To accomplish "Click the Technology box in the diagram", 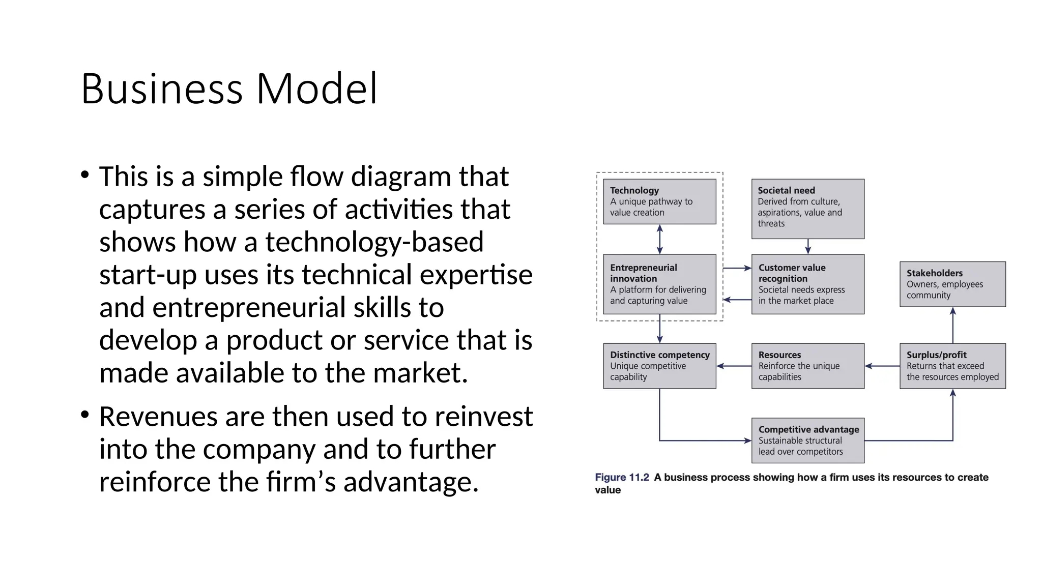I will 659,201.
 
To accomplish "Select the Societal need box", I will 807,209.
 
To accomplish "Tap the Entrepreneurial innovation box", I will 659,284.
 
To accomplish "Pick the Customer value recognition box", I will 807,284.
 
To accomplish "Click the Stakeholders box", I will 952,284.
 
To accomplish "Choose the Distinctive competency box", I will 659,366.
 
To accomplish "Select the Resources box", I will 807,366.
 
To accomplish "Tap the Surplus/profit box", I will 952,366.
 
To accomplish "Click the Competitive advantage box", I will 807,440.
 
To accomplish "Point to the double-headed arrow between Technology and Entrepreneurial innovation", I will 660,239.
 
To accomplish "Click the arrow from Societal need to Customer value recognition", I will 808,247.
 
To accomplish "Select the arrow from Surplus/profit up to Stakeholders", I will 953,325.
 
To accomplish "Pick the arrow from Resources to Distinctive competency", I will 734,366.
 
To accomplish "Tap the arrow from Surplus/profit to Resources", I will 882,366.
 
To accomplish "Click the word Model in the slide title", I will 316,89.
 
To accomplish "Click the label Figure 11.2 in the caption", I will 622,477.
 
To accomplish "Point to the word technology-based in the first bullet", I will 374,242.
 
